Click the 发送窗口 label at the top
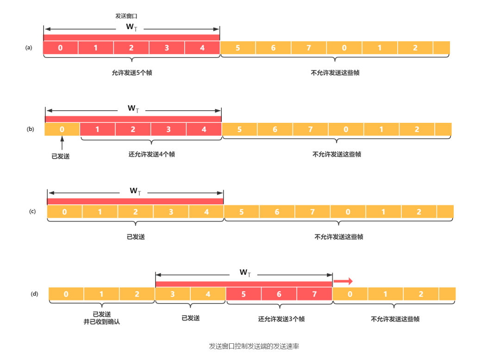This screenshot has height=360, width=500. [126, 16]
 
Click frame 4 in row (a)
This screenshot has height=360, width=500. [202, 47]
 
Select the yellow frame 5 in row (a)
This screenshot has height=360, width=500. [237, 47]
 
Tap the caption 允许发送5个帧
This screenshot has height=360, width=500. [132, 73]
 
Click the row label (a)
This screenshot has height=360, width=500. [29, 47]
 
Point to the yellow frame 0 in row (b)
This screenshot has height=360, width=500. [62, 129]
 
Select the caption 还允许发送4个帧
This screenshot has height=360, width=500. [151, 154]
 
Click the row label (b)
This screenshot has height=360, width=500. [30, 129]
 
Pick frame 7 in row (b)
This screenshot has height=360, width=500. [310, 129]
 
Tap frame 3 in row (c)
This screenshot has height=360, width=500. [171, 212]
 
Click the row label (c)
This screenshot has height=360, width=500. [32, 211]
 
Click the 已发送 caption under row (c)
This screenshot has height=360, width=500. [136, 237]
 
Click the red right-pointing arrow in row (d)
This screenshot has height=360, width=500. [343, 281]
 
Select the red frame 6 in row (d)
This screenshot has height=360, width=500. [279, 294]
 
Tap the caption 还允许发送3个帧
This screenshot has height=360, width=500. [281, 319]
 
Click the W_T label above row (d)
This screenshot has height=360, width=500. [245, 272]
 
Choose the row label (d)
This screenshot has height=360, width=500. [34, 294]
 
